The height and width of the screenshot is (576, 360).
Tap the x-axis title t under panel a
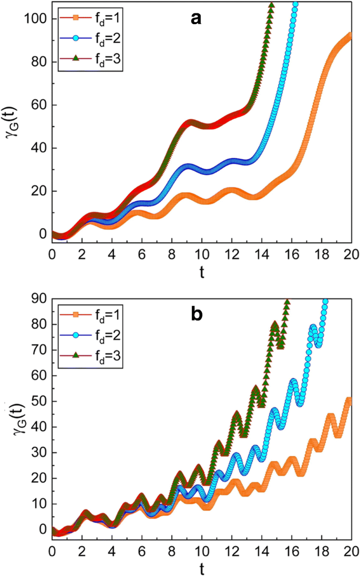201,272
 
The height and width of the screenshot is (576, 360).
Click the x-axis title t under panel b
201,568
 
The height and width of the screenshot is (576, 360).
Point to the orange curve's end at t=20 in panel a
349,36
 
